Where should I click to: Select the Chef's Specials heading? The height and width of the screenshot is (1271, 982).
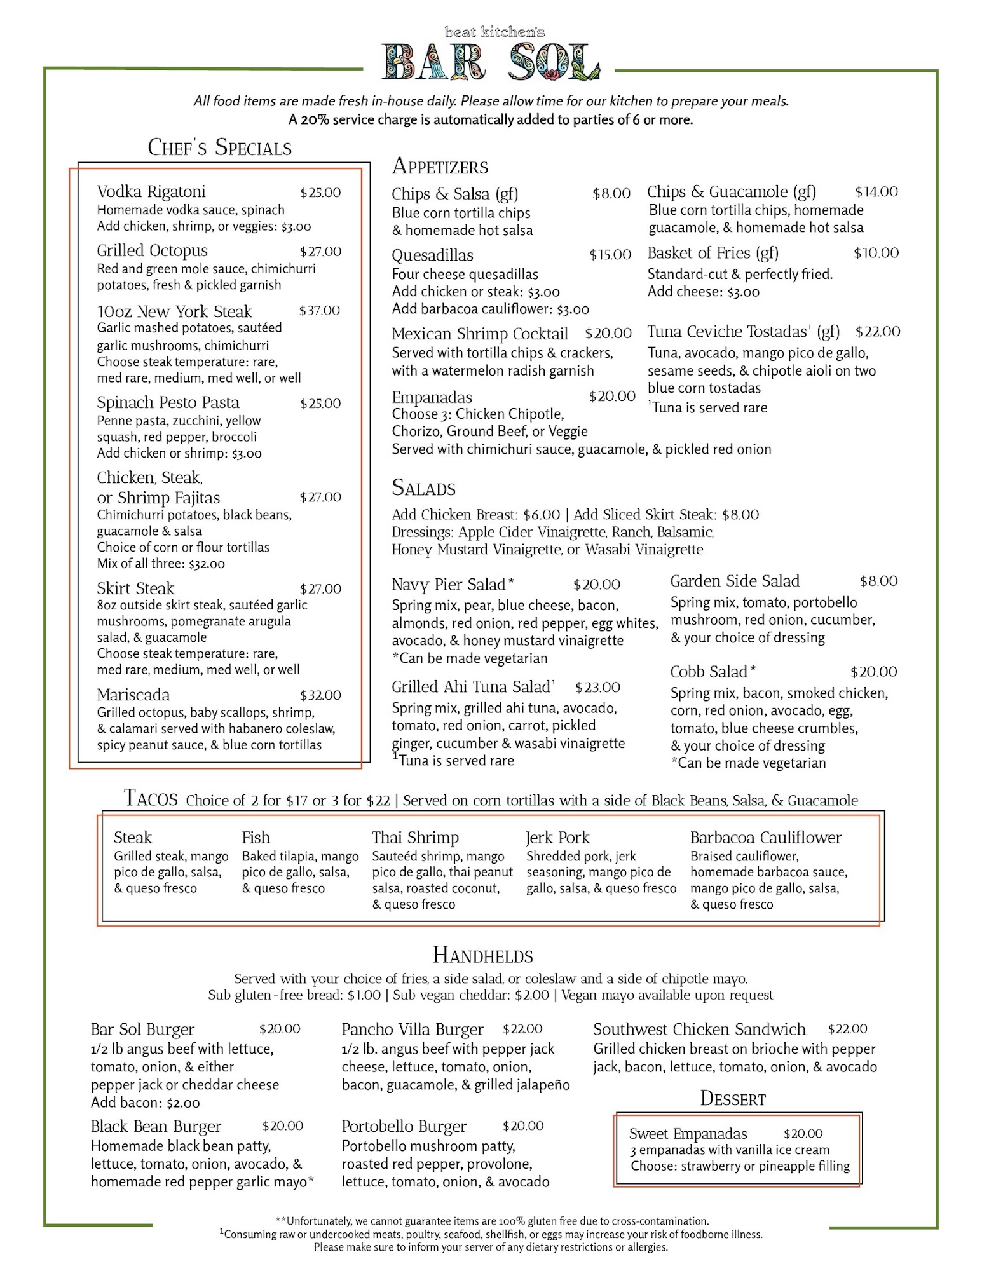tap(219, 147)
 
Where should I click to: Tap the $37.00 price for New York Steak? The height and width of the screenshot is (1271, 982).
tap(320, 311)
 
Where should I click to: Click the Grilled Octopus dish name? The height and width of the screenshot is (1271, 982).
tap(152, 251)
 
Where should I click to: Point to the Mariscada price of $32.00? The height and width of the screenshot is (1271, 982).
tap(320, 695)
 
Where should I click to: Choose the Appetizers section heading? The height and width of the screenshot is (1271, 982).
tap(440, 167)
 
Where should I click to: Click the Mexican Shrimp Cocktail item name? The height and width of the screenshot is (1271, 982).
tap(480, 334)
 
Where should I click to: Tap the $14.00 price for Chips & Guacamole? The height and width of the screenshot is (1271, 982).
tap(876, 192)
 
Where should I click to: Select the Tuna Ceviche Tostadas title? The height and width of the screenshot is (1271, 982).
tap(743, 332)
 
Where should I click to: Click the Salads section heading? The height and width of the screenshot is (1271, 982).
tap(423, 488)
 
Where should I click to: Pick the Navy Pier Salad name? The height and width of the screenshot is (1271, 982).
tap(452, 585)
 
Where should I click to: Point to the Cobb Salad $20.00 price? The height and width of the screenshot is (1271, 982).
tap(873, 672)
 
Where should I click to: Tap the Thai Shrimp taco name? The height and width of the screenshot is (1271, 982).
tap(415, 838)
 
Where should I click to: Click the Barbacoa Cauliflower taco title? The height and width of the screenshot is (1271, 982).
tap(765, 838)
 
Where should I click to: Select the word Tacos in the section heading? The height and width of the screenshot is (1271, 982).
tap(151, 798)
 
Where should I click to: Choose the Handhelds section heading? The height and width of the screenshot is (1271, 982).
tap(482, 955)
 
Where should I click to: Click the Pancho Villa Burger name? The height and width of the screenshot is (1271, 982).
tap(413, 1030)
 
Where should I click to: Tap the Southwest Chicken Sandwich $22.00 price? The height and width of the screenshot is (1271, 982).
tap(847, 1029)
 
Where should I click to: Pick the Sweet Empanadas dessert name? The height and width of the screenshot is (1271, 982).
tap(688, 1134)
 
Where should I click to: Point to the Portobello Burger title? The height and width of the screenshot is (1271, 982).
tap(404, 1127)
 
